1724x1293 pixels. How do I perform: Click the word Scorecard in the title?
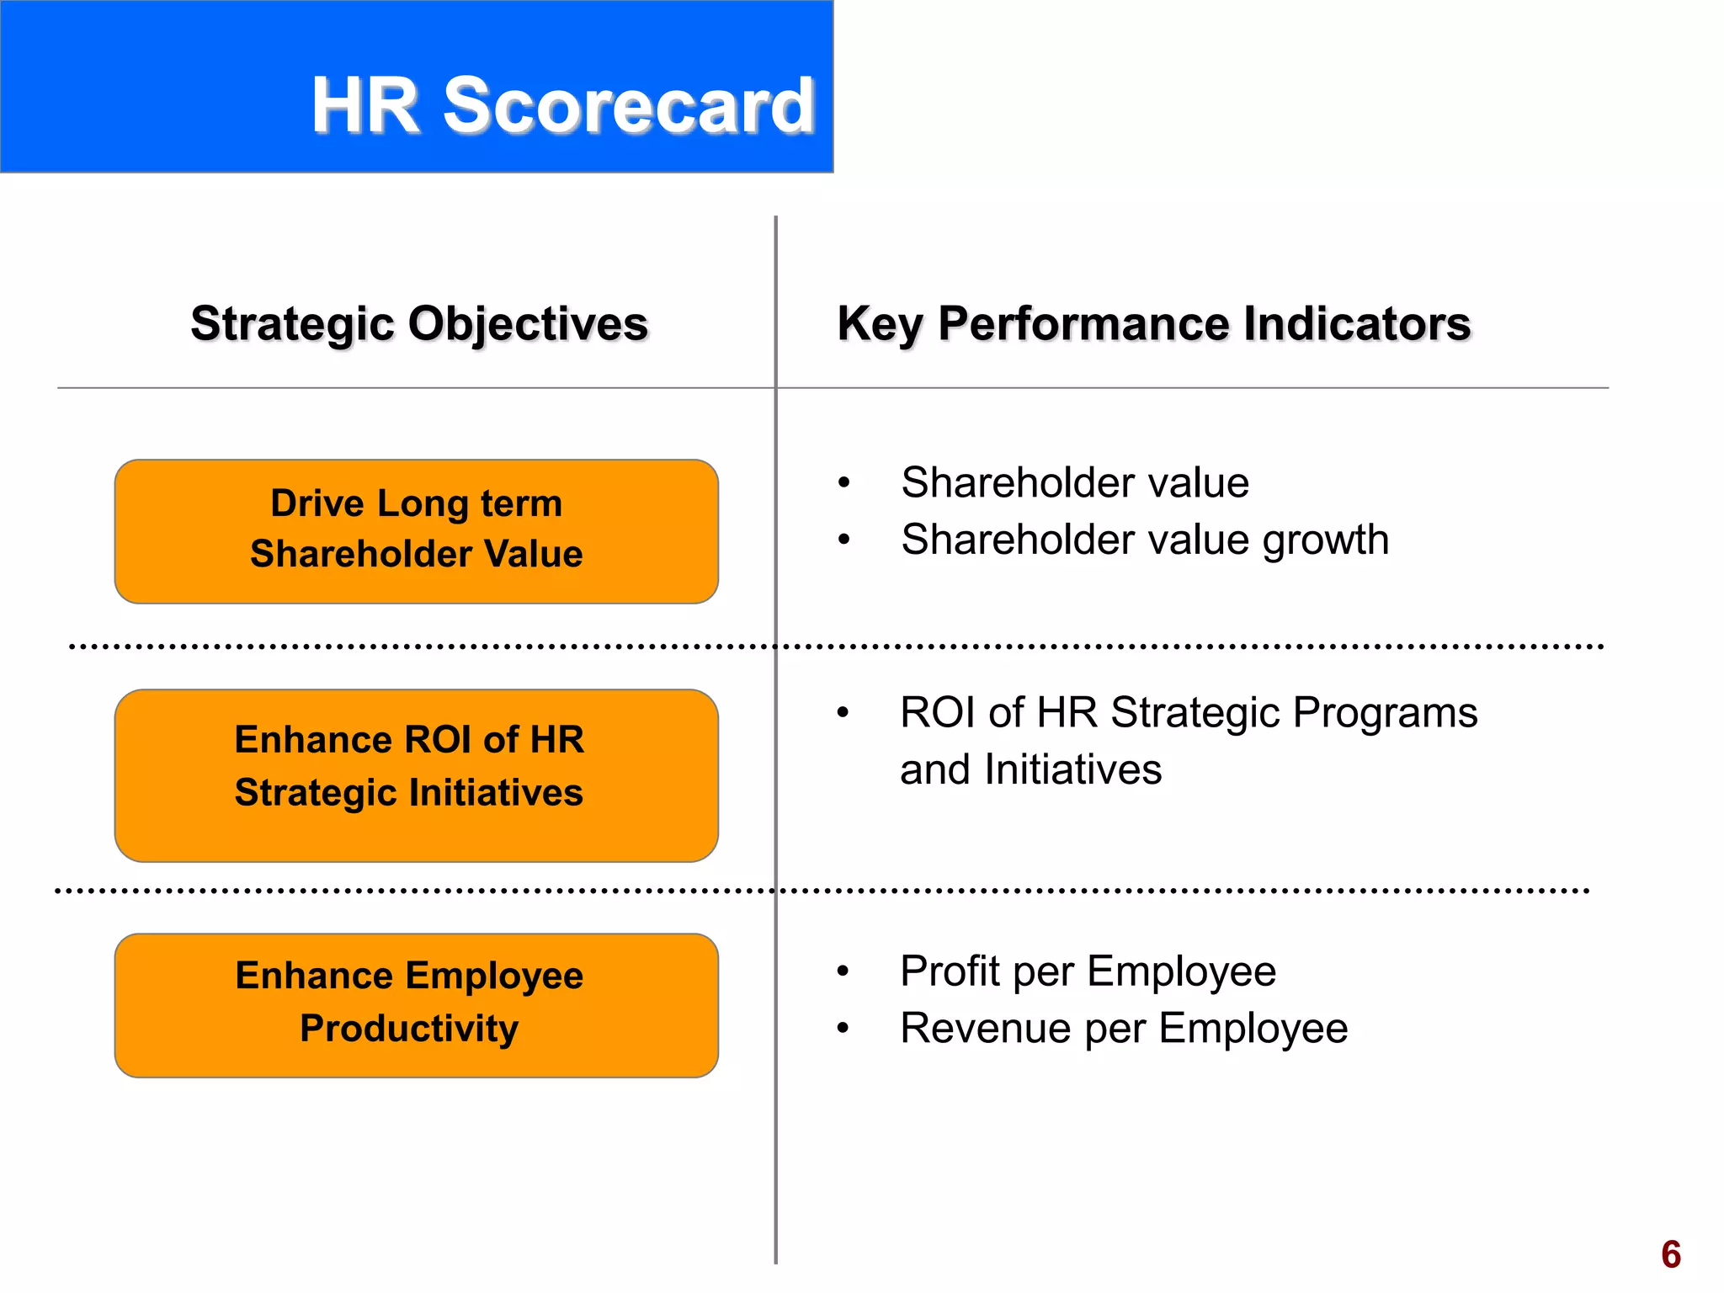pyautogui.click(x=629, y=105)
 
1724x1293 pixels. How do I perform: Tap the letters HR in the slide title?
pyautogui.click(x=365, y=105)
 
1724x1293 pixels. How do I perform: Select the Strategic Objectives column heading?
pyautogui.click(x=419, y=324)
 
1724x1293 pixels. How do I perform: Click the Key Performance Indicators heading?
pyautogui.click(x=1154, y=324)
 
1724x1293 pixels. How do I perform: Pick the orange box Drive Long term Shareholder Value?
pyautogui.click(x=417, y=531)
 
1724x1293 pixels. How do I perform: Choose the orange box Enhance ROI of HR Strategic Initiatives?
pyautogui.click(x=417, y=775)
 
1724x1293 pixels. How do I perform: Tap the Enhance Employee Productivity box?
pyautogui.click(x=417, y=1005)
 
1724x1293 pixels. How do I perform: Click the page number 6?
pyautogui.click(x=1671, y=1254)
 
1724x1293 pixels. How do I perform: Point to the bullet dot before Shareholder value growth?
pyautogui.click(x=844, y=540)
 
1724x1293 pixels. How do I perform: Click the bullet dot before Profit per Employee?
pyautogui.click(x=843, y=971)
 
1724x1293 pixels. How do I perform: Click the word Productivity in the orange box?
pyautogui.click(x=409, y=1029)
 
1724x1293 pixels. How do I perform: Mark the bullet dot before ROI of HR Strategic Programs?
pyautogui.click(x=843, y=713)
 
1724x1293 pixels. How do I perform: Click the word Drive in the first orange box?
pyautogui.click(x=317, y=503)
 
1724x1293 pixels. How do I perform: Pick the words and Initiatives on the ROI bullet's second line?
pyautogui.click(x=1030, y=769)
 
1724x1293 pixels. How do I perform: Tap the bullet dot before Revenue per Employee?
pyautogui.click(x=843, y=1028)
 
